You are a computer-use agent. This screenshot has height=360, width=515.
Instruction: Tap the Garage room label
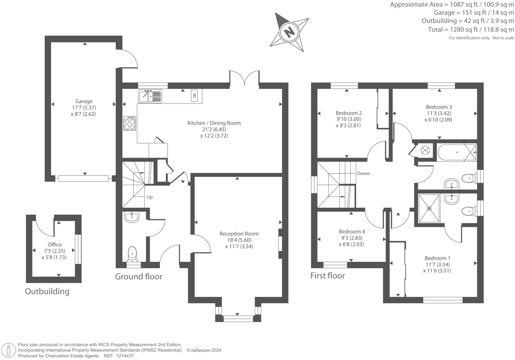tap(84, 102)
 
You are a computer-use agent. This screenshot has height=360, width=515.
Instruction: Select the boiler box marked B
tap(195, 96)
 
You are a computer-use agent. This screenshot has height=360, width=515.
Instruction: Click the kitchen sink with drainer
tap(150, 96)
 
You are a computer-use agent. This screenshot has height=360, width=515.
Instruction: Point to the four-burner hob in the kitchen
tap(130, 123)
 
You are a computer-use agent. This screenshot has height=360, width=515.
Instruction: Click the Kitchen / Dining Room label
tap(214, 123)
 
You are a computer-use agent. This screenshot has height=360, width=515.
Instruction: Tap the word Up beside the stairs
tap(150, 197)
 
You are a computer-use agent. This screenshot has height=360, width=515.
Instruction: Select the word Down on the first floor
tap(363, 174)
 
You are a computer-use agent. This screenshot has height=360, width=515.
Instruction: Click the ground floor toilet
tap(132, 254)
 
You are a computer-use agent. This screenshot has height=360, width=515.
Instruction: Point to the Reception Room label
tap(239, 234)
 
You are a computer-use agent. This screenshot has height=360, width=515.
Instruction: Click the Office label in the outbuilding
tap(54, 245)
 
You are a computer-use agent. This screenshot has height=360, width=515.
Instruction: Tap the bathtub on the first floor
tap(457, 152)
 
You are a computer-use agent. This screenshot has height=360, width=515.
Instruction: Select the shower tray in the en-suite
tap(429, 208)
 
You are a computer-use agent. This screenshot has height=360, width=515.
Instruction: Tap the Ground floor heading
tap(139, 276)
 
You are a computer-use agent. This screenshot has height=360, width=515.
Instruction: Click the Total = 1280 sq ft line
tap(471, 30)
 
